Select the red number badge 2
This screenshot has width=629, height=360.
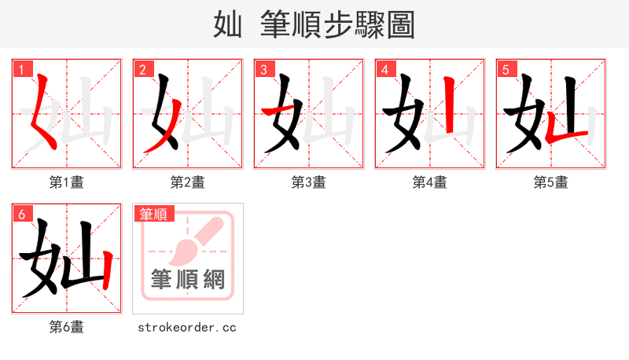142,69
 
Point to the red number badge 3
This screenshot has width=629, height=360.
263,69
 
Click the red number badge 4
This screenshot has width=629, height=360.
384,69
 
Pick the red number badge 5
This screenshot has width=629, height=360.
506,69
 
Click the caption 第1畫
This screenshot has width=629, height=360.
67,182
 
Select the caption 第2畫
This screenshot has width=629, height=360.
188,182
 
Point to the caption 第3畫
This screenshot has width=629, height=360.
309,182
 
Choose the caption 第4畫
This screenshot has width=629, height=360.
430,182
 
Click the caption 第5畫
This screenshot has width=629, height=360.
551,182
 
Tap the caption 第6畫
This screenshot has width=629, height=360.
67,327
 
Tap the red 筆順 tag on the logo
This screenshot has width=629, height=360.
154,214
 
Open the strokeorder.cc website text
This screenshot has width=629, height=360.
187,327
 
